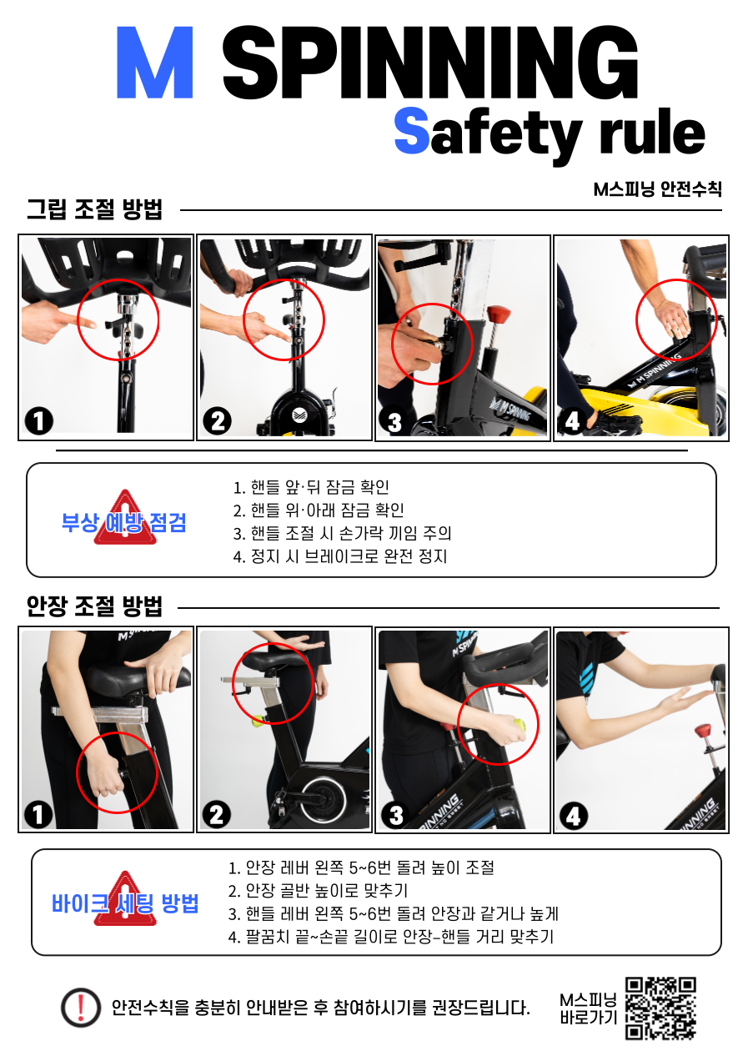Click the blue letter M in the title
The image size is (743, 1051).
coord(154,62)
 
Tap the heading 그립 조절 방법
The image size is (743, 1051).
coord(94,209)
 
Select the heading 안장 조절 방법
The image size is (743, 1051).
coord(94,606)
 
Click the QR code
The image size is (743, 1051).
coord(661,1008)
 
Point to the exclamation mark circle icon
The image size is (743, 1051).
coord(81,1008)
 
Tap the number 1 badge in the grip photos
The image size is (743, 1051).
coord(39,420)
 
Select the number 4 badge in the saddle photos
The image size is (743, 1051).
coord(573,817)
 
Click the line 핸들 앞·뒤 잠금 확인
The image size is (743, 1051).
coord(311,487)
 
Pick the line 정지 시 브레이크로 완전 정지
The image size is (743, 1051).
coord(340,556)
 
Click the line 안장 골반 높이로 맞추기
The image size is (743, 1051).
coord(318,890)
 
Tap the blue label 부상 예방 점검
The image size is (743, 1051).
coord(123,522)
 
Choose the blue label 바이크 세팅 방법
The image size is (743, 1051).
coord(125,903)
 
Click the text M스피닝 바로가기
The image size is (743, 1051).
coord(588,1008)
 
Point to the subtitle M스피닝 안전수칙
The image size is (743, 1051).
coord(657,189)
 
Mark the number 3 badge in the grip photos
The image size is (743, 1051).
coord(394,422)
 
